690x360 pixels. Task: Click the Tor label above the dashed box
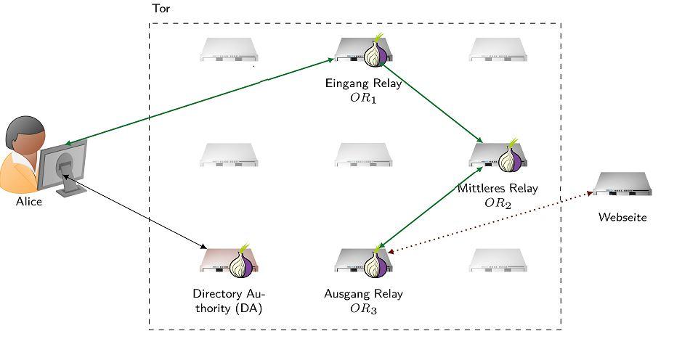coord(161,9)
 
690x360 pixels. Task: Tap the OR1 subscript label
coord(362,97)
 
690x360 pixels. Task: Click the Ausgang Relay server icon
coord(363,262)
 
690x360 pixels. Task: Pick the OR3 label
coord(362,308)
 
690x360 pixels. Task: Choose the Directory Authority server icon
coord(229,261)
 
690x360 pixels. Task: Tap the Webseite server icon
coord(622,184)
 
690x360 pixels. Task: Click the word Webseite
coord(622,217)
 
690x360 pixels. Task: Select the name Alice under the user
coord(29,202)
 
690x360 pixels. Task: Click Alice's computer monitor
coord(64,163)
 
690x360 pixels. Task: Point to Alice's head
coord(26,138)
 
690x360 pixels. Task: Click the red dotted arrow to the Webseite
coord(494,221)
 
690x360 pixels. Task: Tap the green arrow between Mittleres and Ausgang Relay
coord(433,208)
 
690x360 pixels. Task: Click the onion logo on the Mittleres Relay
coord(511,158)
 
